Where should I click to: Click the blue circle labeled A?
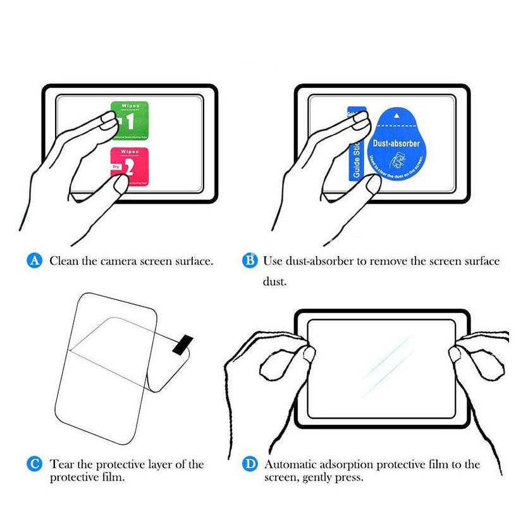36,261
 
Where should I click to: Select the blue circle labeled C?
35,464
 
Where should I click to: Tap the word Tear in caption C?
62,465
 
